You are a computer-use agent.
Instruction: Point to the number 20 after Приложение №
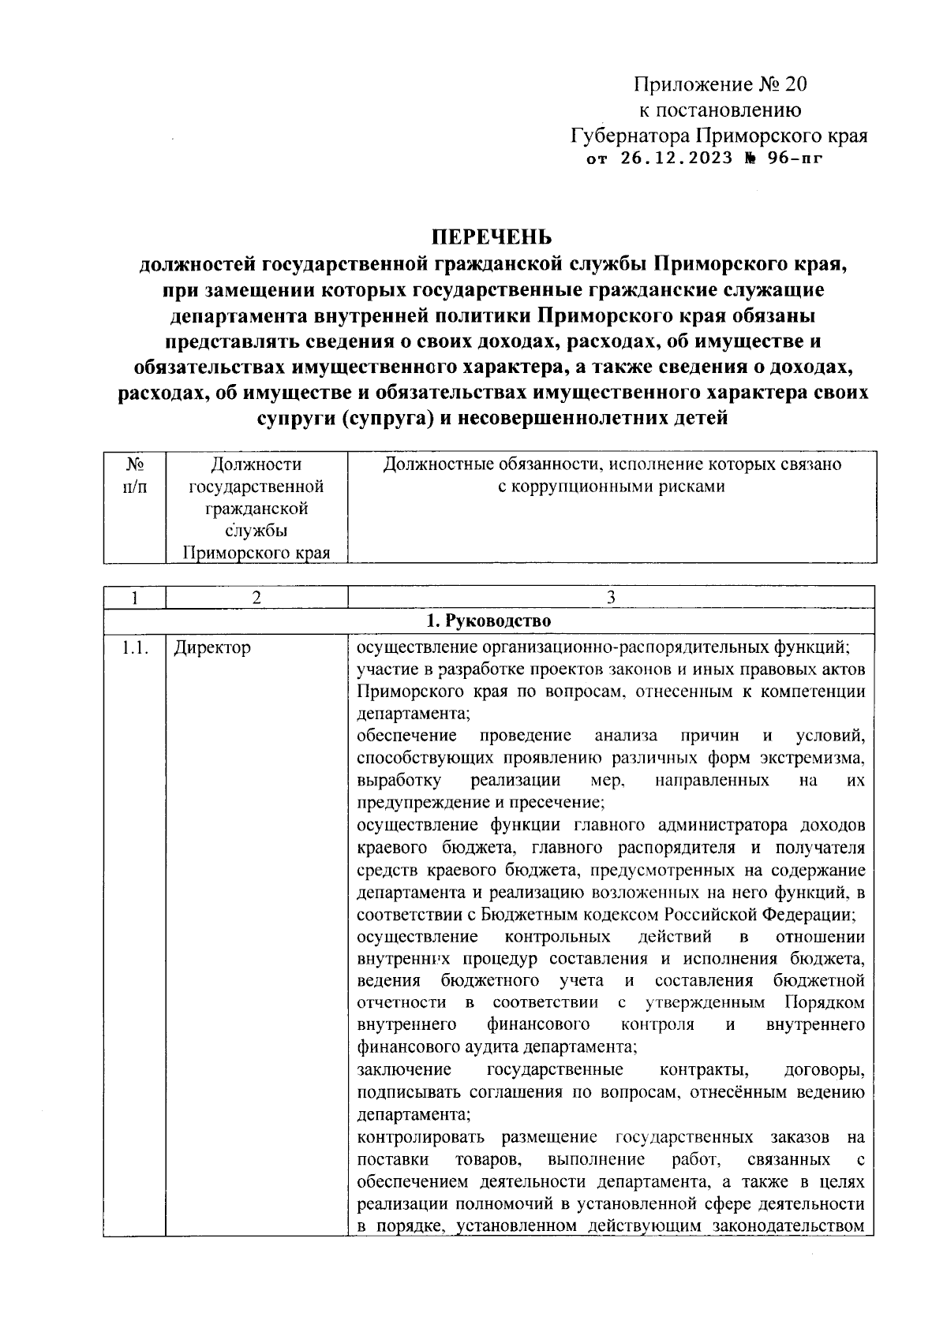(795, 84)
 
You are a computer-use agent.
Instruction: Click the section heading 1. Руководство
(489, 621)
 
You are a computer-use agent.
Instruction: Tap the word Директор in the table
(212, 648)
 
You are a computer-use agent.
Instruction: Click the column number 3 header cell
(611, 598)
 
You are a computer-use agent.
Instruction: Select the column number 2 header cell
(256, 598)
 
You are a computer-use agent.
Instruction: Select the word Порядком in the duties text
(825, 1003)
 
